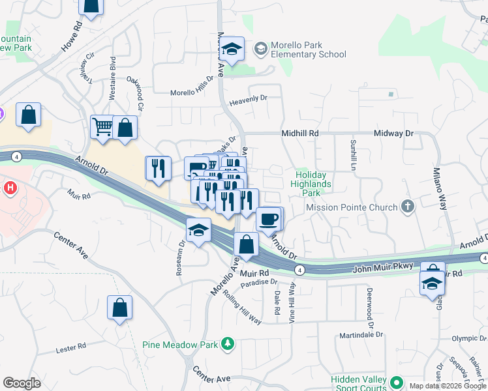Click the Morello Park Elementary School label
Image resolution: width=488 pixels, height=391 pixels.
pyautogui.click(x=309, y=50)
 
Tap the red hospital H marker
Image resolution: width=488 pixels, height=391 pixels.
pyautogui.click(x=9, y=189)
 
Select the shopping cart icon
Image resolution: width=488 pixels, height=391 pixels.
pyautogui.click(x=102, y=126)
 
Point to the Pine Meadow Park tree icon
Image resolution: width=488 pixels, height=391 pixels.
pyautogui.click(x=227, y=343)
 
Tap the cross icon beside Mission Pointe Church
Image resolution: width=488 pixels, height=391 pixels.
pyautogui.click(x=408, y=207)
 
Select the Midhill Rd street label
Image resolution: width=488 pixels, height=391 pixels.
pyautogui.click(x=299, y=133)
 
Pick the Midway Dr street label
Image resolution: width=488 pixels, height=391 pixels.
pyautogui.click(x=394, y=133)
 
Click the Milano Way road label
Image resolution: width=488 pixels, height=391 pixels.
pyautogui.click(x=438, y=189)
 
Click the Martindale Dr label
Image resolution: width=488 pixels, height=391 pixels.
pyautogui.click(x=361, y=336)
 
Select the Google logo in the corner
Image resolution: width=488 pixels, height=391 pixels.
pyautogui.click(x=22, y=383)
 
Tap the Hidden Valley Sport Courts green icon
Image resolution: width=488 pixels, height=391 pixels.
pyautogui.click(x=395, y=381)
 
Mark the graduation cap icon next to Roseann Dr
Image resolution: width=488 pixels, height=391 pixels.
pyautogui.click(x=198, y=230)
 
